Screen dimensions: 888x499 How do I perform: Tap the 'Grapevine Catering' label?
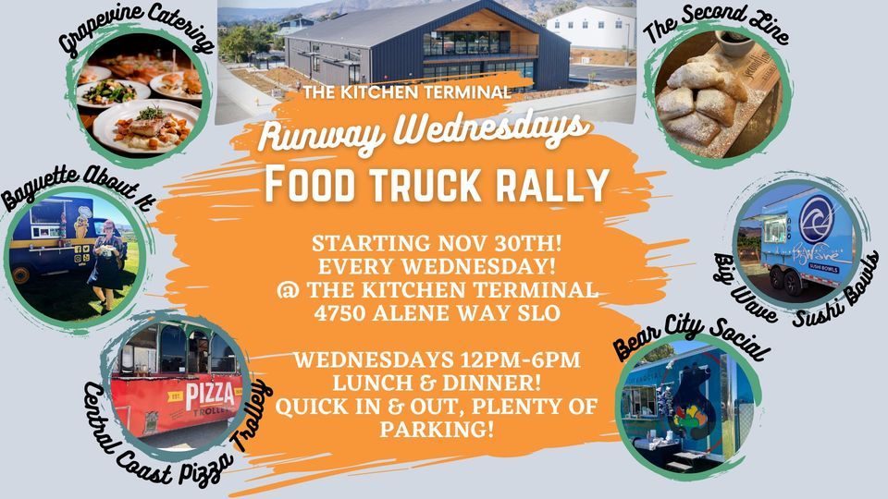[x=137, y=29]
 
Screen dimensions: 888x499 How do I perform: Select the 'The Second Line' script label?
[x=716, y=24]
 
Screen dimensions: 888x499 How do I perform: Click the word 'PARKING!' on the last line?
[x=436, y=430]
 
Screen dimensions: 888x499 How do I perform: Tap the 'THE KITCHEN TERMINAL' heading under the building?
[x=407, y=92]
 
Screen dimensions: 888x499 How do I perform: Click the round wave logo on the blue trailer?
[x=817, y=219]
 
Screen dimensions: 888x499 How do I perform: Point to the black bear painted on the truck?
[x=692, y=403]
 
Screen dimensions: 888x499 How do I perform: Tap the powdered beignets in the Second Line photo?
[x=702, y=102]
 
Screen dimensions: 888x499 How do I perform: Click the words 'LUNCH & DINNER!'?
[x=436, y=383]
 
